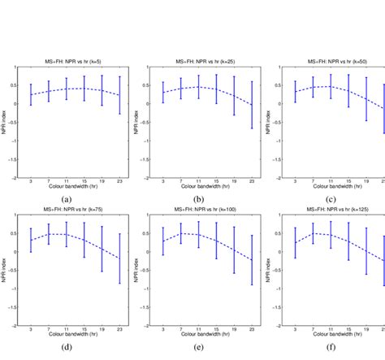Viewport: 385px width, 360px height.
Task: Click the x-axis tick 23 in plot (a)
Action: click(x=120, y=182)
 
